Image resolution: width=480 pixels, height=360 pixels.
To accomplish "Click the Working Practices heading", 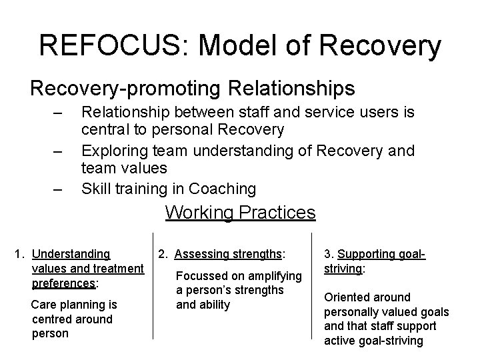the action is coord(240,213).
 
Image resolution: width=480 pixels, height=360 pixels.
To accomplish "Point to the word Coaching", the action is coord(222,189).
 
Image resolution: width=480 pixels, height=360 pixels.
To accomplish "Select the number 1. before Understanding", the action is coord(20,253).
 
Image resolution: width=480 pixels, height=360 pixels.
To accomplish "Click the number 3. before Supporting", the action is coord(329,253).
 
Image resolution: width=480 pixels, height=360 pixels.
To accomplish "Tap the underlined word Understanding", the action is coord(71,253).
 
